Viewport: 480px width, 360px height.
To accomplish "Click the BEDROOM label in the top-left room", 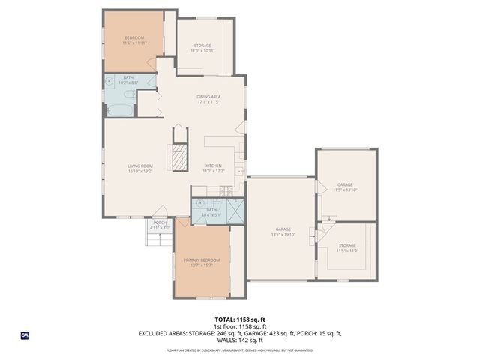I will point(133,37).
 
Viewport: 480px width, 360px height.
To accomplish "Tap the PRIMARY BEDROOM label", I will point(202,259).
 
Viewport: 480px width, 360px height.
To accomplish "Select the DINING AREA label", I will point(208,96).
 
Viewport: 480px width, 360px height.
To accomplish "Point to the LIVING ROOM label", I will point(139,166).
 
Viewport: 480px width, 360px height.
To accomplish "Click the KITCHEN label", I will point(214,166).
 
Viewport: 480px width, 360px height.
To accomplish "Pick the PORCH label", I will point(160,223).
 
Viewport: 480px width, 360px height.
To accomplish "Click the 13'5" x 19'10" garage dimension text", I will point(283,235).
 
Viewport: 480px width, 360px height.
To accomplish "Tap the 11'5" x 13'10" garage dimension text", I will point(344,190).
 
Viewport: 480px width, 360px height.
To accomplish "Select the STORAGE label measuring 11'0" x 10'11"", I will point(203,50).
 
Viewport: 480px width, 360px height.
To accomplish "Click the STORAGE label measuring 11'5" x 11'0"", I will point(346,250).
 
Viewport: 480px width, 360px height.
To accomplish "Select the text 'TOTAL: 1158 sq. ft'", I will point(240,319).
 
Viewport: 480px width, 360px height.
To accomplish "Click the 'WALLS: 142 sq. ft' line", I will point(240,340).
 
